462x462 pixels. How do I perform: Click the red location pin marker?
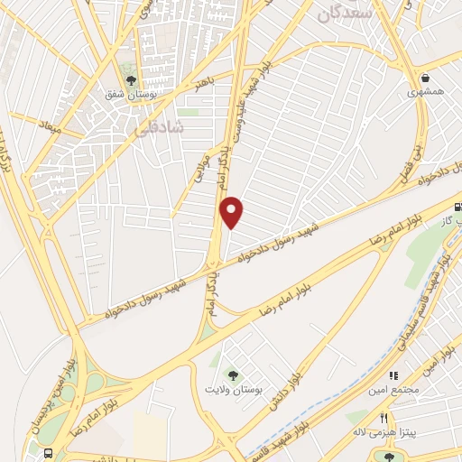click(233, 212)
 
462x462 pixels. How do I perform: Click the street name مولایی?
click(202, 166)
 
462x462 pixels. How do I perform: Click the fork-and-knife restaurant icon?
click(383, 418)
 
